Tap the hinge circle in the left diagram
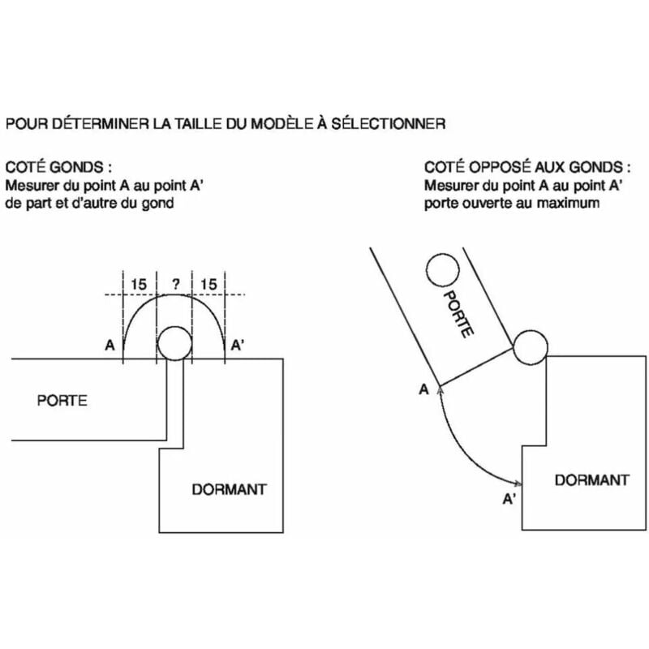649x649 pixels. coord(173,344)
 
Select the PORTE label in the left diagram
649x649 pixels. coord(62,400)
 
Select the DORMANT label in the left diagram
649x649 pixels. coord(229,489)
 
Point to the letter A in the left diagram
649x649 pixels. coord(110,346)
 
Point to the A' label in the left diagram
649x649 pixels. coord(238,346)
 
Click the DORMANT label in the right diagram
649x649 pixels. coord(591,479)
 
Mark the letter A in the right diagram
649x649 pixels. coord(423,390)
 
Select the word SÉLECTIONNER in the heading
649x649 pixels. coord(397,124)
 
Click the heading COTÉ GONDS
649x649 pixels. coord(58,167)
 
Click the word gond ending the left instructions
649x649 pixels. coord(159,203)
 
